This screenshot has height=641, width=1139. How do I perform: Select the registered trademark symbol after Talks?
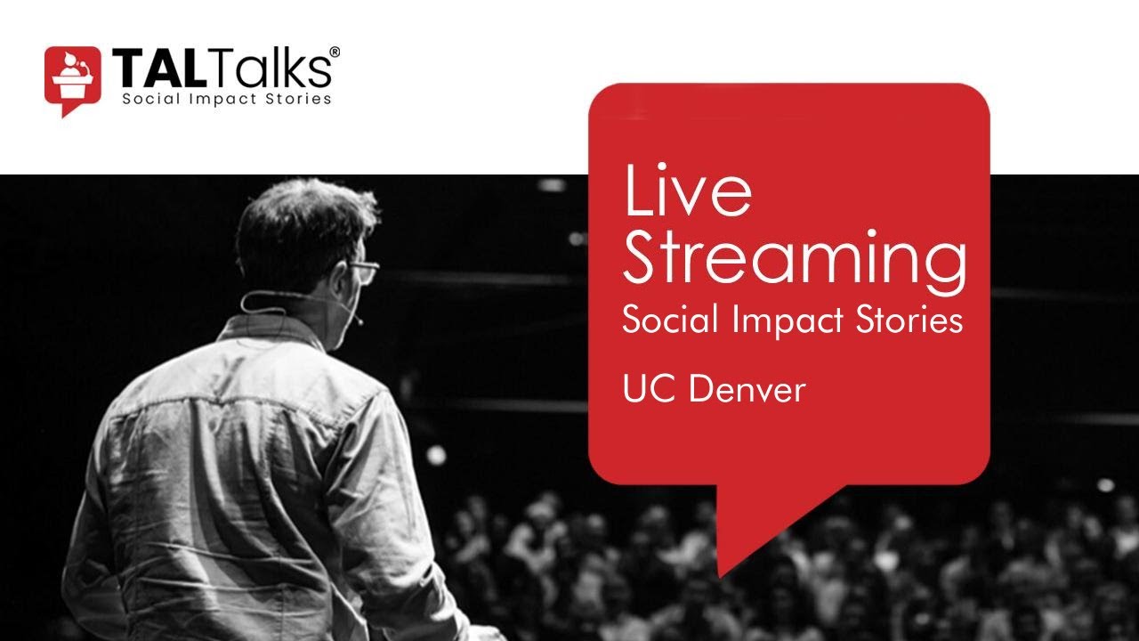(335, 53)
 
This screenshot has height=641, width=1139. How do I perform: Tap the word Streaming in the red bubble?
(794, 258)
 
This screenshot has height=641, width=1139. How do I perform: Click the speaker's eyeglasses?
(363, 270)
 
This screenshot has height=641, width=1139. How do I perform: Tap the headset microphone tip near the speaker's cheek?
(359, 320)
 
